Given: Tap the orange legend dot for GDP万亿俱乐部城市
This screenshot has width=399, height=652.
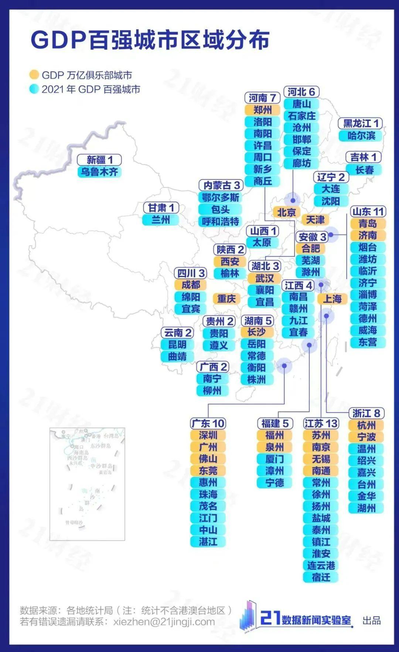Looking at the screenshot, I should pyautogui.click(x=34, y=75).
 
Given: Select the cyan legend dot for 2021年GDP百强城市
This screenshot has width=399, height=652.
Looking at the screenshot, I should pyautogui.click(x=34, y=89).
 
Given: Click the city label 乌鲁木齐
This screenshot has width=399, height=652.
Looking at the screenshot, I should pyautogui.click(x=99, y=172).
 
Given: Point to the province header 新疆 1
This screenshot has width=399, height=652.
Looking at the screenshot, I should pyautogui.click(x=99, y=160).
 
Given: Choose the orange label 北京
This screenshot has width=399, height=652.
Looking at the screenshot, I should pyautogui.click(x=286, y=212).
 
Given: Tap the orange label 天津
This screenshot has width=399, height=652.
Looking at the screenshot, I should pyautogui.click(x=315, y=220).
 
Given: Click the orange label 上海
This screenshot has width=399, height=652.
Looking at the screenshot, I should pyautogui.click(x=332, y=299).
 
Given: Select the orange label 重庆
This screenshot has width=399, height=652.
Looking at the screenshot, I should pyautogui.click(x=226, y=298).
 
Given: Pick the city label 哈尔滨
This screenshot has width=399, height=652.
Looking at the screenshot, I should pyautogui.click(x=361, y=136).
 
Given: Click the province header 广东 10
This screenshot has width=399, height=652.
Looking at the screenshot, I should pyautogui.click(x=208, y=423).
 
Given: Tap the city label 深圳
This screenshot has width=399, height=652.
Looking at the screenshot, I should pyautogui.click(x=208, y=435).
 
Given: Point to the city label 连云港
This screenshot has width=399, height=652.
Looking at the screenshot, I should pyautogui.click(x=321, y=565).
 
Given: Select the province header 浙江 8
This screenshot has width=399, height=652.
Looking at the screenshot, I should pyautogui.click(x=366, y=413).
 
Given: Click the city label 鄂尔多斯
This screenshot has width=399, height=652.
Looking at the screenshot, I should pyautogui.click(x=220, y=197).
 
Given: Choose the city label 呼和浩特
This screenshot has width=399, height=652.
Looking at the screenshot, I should pyautogui.click(x=220, y=221).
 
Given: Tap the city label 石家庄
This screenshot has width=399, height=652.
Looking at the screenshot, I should pyautogui.click(x=301, y=116).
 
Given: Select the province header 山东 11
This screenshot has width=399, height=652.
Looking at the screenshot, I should pyautogui.click(x=368, y=212).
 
